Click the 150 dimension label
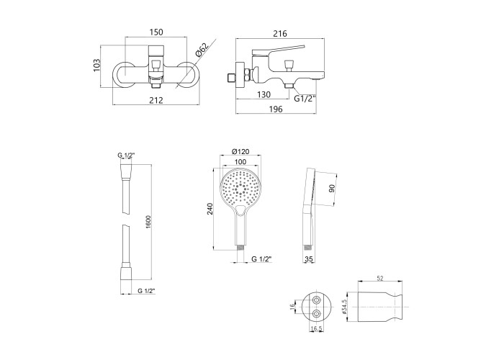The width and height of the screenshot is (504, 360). (x=156, y=32)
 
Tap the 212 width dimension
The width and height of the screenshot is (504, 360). (x=156, y=100)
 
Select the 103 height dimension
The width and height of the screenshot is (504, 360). (x=97, y=66)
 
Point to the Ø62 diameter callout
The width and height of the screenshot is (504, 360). (x=202, y=50)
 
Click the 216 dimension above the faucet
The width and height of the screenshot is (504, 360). (x=279, y=33)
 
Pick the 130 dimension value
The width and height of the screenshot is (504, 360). (x=264, y=94)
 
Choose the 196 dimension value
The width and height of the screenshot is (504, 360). (x=276, y=109)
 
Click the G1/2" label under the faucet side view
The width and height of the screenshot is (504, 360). (x=305, y=99)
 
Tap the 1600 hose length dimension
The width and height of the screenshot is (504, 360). (x=148, y=222)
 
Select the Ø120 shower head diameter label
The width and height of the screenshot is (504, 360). (x=240, y=152)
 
